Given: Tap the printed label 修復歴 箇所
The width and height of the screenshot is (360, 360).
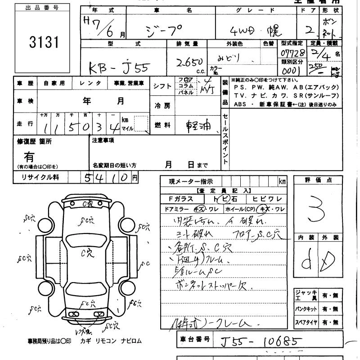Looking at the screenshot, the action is tap(34, 141).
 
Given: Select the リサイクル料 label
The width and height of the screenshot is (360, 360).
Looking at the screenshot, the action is tap(40, 177).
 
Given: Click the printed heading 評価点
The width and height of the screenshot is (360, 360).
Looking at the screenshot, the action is tap(318, 180).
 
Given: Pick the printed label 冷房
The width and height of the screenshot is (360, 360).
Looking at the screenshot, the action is tap(162, 106).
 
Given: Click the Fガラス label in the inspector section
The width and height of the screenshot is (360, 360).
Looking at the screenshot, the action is tap(181, 198).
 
